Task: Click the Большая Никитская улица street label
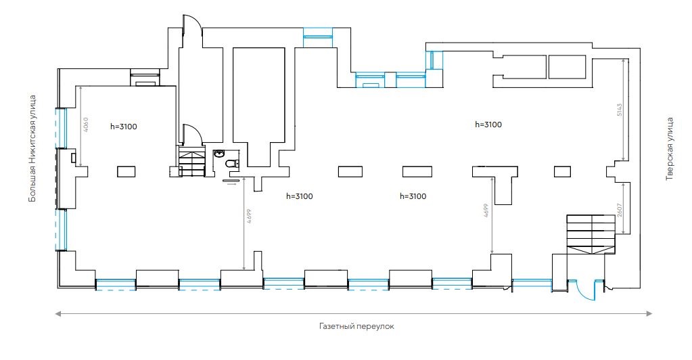coord(32,149)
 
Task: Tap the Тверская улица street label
coord(670,149)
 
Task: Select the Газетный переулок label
coord(356,326)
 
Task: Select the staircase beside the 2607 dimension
coord(591,234)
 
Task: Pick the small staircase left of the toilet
coord(191,163)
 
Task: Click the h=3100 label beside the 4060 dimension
coord(129,126)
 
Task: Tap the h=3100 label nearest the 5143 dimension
coord(488,125)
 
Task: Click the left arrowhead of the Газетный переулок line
coord(58,313)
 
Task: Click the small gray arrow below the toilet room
coord(232,183)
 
